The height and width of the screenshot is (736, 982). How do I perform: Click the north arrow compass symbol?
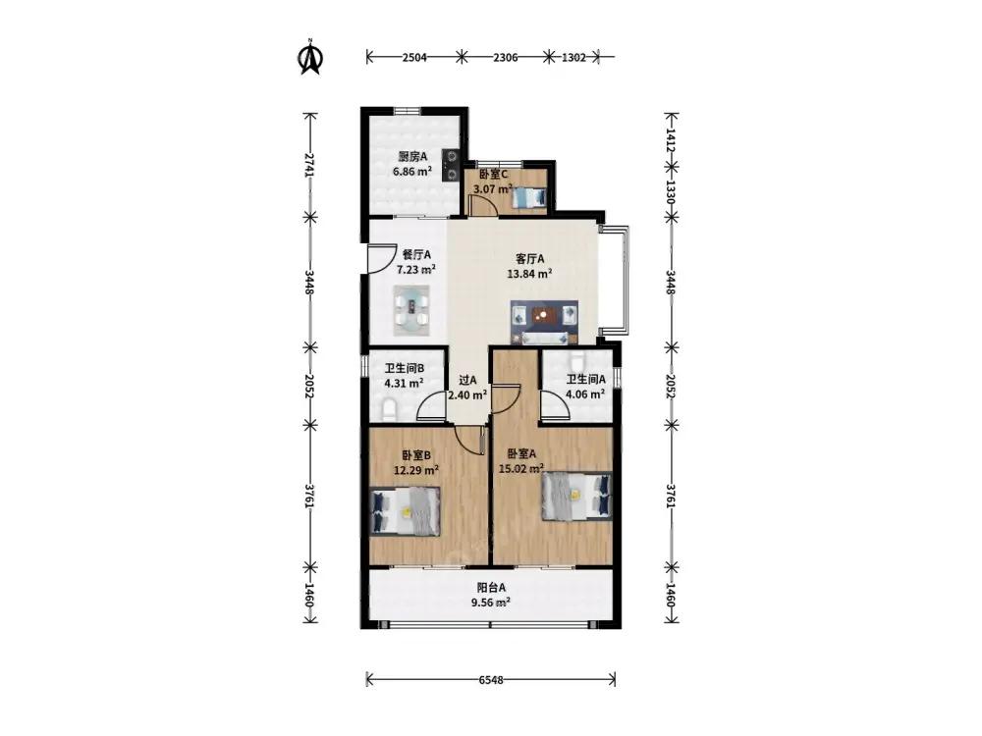click(x=310, y=57)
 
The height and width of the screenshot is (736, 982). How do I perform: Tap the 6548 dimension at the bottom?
click(x=491, y=680)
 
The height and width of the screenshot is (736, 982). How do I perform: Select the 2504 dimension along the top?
click(x=414, y=57)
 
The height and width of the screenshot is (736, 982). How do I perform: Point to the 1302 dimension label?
click(x=573, y=57)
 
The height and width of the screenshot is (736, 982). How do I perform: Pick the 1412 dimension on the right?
click(x=670, y=140)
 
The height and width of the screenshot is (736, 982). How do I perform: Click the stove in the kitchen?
click(x=451, y=165)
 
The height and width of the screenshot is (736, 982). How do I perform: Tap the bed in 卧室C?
click(x=530, y=198)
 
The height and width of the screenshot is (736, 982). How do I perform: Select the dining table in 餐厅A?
click(x=411, y=310)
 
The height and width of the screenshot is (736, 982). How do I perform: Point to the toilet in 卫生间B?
click(x=390, y=408)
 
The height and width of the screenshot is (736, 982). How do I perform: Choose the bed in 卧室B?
click(x=405, y=511)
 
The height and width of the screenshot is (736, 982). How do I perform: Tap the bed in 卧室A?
click(x=576, y=497)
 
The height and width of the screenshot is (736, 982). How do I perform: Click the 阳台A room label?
click(x=491, y=588)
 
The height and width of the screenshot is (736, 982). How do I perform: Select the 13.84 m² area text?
click(x=529, y=274)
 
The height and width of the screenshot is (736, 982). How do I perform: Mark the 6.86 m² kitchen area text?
click(x=412, y=171)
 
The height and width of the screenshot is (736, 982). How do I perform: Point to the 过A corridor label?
click(x=467, y=380)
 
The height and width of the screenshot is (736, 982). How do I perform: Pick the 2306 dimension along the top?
click(x=506, y=57)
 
